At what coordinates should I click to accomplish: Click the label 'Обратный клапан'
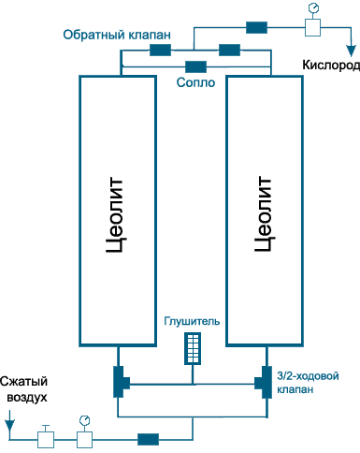(x=117, y=35)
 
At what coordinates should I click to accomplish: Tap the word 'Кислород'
(x=331, y=66)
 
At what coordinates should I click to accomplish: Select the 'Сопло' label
(x=195, y=82)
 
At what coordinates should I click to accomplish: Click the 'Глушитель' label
(x=192, y=321)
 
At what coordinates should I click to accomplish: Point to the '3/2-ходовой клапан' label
(x=308, y=383)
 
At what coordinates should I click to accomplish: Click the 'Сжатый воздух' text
(x=24, y=389)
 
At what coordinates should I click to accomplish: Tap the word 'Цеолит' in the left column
(x=116, y=214)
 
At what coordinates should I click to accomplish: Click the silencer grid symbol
(x=193, y=348)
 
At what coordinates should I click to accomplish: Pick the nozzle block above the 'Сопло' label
(x=195, y=66)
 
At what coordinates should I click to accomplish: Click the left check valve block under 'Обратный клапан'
(x=160, y=50)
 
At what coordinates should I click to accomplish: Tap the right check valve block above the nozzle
(x=229, y=50)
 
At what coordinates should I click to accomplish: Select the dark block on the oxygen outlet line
(x=256, y=27)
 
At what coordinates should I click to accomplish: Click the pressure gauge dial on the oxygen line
(x=312, y=7)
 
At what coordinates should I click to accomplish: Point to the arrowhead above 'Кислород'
(x=352, y=51)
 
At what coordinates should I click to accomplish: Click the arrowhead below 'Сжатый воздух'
(x=9, y=425)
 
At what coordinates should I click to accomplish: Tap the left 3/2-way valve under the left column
(x=121, y=382)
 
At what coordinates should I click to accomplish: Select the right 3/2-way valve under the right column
(x=264, y=382)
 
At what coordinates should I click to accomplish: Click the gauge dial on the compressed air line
(x=84, y=420)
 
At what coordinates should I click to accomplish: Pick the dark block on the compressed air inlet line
(x=149, y=439)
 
